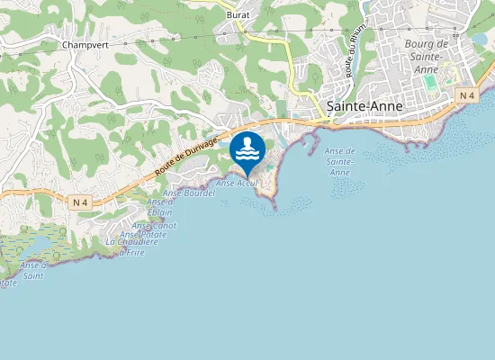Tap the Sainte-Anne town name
364,105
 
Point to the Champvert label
85,43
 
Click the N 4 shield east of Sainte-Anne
465,95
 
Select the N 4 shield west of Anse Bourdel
82,202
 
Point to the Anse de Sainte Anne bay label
339,161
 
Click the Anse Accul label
237,183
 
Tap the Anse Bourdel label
189,193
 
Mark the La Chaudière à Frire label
125,247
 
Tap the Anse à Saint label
34,270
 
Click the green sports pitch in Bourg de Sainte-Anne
430,82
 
